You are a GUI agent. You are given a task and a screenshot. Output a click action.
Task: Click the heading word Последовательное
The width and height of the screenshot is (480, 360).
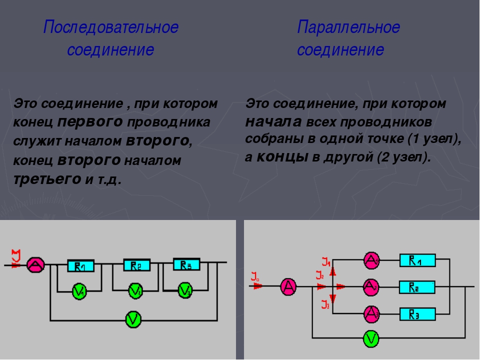110,27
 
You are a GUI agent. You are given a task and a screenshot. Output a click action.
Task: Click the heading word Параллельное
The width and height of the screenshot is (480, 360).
348,27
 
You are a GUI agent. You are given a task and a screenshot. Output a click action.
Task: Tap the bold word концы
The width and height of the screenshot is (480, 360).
283,156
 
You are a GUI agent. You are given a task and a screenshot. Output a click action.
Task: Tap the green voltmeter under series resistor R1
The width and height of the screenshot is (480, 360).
79,290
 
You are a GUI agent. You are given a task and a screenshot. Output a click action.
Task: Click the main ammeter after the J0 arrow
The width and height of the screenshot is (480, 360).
288,287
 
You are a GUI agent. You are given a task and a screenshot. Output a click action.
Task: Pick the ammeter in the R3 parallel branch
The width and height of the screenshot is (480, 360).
371,313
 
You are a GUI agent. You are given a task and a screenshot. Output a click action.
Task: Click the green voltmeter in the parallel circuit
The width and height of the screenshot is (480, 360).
370,339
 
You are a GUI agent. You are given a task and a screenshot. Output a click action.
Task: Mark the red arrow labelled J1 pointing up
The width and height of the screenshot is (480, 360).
333,270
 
